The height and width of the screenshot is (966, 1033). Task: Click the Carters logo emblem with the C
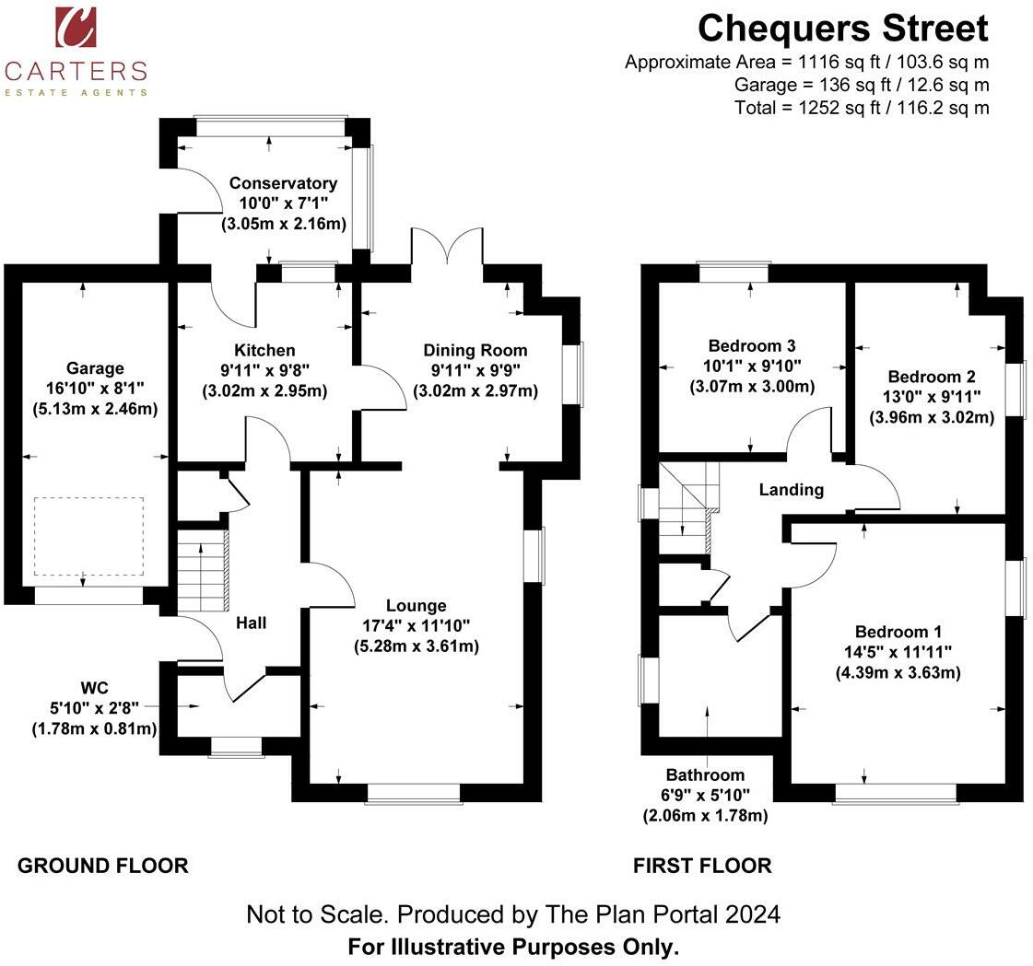76,27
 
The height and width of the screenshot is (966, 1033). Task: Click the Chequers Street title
842,29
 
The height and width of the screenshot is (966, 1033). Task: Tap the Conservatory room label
283,183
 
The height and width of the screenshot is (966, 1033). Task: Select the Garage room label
94,368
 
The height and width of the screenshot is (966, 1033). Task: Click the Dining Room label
475,350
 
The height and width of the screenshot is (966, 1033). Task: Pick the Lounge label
416,605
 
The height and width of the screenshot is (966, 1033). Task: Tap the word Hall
251,623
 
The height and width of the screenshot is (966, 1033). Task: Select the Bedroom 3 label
751,345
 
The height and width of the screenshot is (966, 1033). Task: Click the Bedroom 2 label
932,377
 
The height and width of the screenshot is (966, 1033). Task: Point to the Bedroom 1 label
898,632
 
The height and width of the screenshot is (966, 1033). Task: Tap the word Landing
791,490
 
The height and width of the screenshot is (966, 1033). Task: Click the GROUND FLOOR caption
103,866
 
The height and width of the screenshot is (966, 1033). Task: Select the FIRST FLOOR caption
702,866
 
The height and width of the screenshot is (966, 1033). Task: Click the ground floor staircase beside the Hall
202,571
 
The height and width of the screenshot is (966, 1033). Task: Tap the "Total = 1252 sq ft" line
862,108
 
